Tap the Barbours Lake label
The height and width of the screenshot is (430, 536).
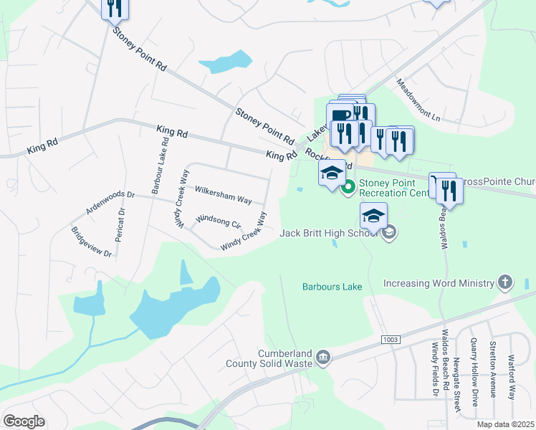(x=332, y=286)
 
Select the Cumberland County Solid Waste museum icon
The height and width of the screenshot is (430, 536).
(x=323, y=358)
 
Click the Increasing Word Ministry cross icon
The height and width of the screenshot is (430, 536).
(x=505, y=282)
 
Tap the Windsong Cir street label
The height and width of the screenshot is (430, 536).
(x=218, y=221)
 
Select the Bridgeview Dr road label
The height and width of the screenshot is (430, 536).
(x=91, y=242)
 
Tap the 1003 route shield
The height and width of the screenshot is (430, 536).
(x=390, y=339)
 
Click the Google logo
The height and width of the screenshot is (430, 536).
(x=24, y=421)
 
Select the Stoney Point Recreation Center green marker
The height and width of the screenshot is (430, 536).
(x=349, y=188)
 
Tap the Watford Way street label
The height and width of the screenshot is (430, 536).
(x=511, y=373)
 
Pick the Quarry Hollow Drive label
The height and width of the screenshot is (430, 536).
(x=474, y=373)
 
